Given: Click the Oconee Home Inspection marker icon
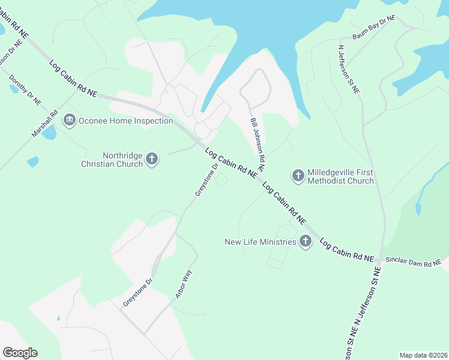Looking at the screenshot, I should click(70, 121).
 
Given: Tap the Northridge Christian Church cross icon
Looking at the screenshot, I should click(152, 159).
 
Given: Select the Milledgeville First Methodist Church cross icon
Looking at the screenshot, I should click(298, 176).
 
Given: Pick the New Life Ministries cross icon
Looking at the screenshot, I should click(306, 242).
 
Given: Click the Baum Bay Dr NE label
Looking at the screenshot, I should click(373, 28).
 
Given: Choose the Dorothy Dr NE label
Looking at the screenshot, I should click(25, 90).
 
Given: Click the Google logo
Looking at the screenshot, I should click(20, 353).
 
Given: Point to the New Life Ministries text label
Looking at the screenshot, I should click(261, 242).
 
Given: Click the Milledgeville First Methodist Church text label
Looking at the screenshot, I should click(340, 176).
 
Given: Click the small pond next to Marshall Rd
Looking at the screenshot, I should click(49, 133).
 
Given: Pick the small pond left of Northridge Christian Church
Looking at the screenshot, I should click(32, 161).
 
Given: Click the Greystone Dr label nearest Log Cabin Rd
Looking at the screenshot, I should click(205, 181).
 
